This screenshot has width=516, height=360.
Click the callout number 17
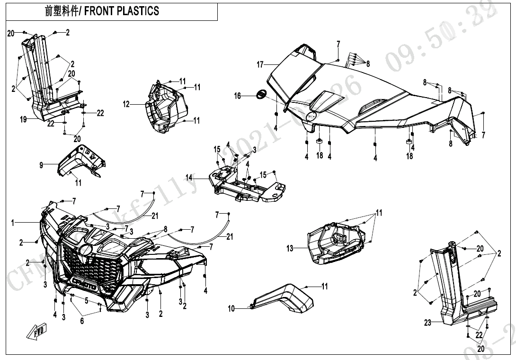pos(260,65)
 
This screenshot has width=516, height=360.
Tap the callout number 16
pos(238,96)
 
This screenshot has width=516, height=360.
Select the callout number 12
pos(126,104)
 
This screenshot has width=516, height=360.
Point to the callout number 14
pos(189,178)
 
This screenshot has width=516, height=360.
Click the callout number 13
pos(290,248)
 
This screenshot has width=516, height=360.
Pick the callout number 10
pos(231,309)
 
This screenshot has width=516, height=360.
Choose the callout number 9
pos(42,165)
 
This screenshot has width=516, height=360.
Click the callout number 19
pos(23,120)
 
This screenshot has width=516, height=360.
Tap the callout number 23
pos(428,323)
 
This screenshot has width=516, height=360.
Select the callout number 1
pos(14,222)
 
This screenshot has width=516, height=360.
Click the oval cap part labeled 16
pos(260,94)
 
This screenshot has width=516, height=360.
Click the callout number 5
pos(87,300)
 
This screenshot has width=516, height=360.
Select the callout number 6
pos(81,321)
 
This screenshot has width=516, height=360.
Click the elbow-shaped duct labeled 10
pos(284,298)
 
